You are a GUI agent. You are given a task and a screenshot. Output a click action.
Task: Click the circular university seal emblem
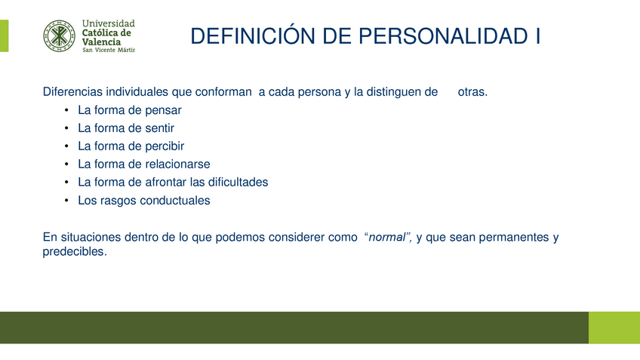tap(59, 36)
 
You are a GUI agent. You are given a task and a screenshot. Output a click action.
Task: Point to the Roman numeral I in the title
tap(538, 36)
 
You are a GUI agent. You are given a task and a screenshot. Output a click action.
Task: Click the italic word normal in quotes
tap(387, 237)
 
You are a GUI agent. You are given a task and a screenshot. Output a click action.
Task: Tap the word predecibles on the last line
tap(75, 252)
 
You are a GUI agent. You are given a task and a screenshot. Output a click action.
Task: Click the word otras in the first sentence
tap(472, 92)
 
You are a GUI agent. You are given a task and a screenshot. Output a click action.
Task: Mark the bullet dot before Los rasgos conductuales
tap(66, 201)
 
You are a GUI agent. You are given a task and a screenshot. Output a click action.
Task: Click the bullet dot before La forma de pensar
tap(66, 110)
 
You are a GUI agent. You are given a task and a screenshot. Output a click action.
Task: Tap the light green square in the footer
tap(614, 328)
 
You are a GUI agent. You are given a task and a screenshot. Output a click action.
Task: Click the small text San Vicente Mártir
tap(109, 50)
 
